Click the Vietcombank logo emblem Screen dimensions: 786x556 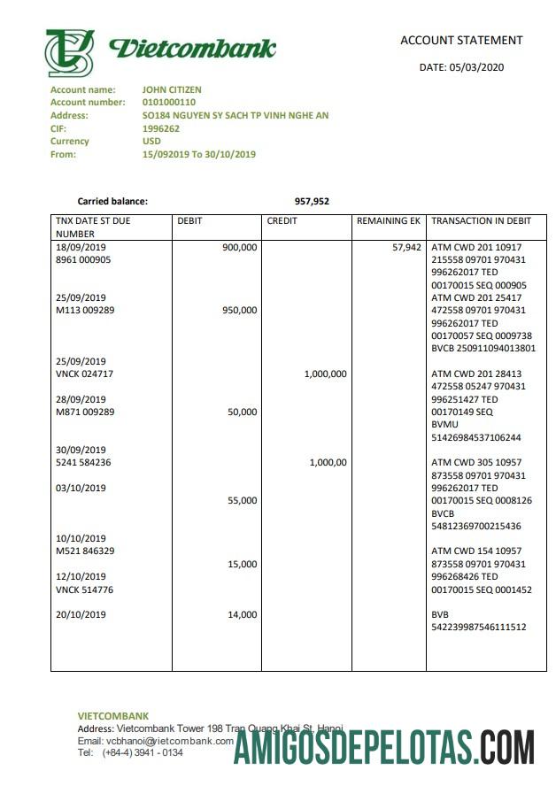tap(70, 52)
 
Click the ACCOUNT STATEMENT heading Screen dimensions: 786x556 tap(461, 40)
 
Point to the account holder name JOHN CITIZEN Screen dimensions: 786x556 tap(172, 89)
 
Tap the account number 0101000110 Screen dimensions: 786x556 tap(169, 103)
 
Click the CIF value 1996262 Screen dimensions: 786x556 tap(161, 128)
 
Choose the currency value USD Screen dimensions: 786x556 tap(152, 142)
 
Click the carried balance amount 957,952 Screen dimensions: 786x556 tap(312, 202)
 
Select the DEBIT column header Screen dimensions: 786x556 tap(190, 220)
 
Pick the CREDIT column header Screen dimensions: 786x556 tap(282, 220)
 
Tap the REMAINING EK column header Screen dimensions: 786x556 tap(389, 220)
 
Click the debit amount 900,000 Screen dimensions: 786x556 tap(240, 248)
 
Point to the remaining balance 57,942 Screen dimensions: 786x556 tap(406, 248)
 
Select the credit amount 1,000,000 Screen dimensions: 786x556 tap(325, 374)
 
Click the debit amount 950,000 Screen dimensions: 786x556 tap(240, 311)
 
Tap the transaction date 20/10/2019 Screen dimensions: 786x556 tap(81, 615)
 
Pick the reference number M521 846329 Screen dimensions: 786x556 tap(85, 551)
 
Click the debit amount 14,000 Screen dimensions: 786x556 tap(243, 614)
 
